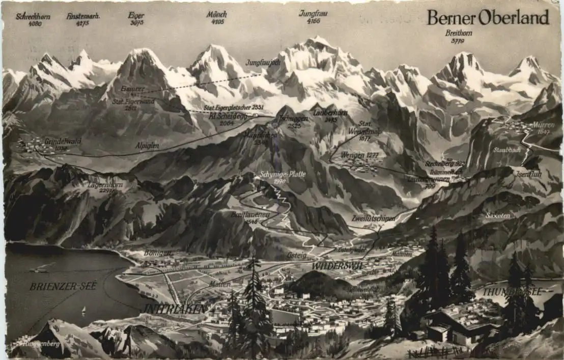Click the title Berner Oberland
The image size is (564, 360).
tap(488, 18)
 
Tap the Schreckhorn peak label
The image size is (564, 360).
tap(33, 16)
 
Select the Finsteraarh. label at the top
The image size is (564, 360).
tap(83, 16)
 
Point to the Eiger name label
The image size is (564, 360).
tap(136, 15)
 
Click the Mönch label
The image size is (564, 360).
tap(216, 14)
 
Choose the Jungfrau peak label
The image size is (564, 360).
tap(313, 13)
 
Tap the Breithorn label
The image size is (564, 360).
tap(459, 34)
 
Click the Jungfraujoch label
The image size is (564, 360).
tap(263, 63)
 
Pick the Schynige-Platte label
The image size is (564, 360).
tap(282, 174)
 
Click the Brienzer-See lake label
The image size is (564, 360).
tap(63, 286)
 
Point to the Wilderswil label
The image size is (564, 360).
tap(337, 266)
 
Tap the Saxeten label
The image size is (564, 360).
tap(497, 216)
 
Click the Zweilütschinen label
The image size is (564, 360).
tap(374, 218)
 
